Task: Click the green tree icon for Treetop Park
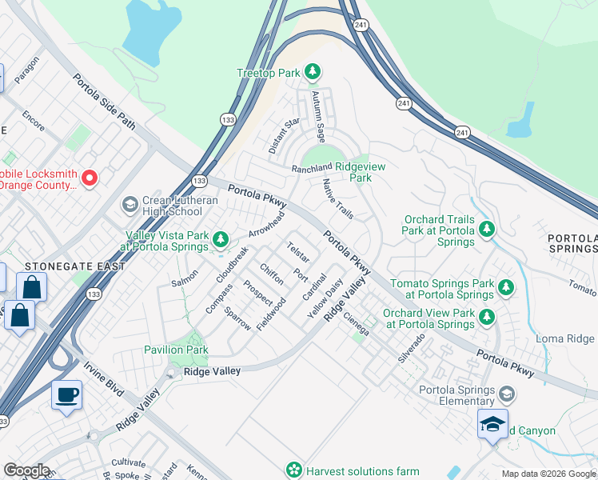tap(313, 73)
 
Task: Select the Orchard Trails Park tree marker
tap(487, 231)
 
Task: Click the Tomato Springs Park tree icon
tap(505, 286)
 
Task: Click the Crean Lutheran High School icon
tap(129, 206)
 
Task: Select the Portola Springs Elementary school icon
tap(505, 394)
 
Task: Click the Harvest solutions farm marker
tap(295, 469)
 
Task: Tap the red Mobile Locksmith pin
tap(90, 178)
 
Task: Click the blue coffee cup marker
tap(67, 394)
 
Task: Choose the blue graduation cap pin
tap(492, 423)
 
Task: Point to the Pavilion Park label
tap(176, 350)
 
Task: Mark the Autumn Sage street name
tap(318, 117)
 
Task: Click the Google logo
tap(26, 470)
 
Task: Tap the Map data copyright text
tap(548, 474)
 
